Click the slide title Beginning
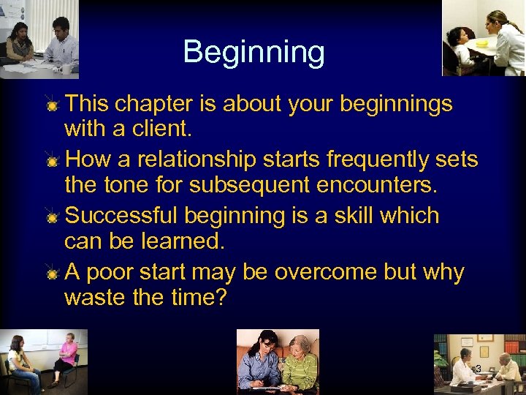[x=254, y=53]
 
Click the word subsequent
[x=250, y=185]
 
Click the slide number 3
[x=478, y=369]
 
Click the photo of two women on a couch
[x=278, y=361]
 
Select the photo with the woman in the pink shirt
[x=44, y=361]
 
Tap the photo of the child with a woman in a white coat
[x=484, y=37]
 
